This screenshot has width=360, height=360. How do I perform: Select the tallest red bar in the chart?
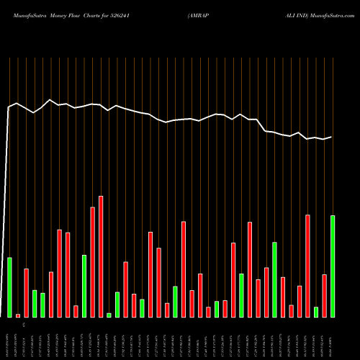[x=101, y=256]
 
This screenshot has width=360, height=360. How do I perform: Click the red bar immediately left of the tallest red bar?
[x=92, y=262]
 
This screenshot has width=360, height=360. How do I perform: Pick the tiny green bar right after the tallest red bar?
[x=109, y=315]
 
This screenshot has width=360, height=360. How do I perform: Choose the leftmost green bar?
[x=9, y=287]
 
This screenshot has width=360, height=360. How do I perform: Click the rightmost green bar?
[x=333, y=266]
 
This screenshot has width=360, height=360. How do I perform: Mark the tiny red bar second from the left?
[x=18, y=315]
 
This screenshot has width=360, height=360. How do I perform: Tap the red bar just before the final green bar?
[x=325, y=296]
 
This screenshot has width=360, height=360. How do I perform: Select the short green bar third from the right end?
[x=316, y=312]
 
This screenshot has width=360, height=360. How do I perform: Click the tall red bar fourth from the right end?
[x=308, y=266]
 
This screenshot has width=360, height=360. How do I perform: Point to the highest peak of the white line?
[x=50, y=100]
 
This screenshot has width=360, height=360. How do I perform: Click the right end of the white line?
[x=332, y=137]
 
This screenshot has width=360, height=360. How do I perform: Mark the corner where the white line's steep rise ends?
[x=9, y=107]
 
